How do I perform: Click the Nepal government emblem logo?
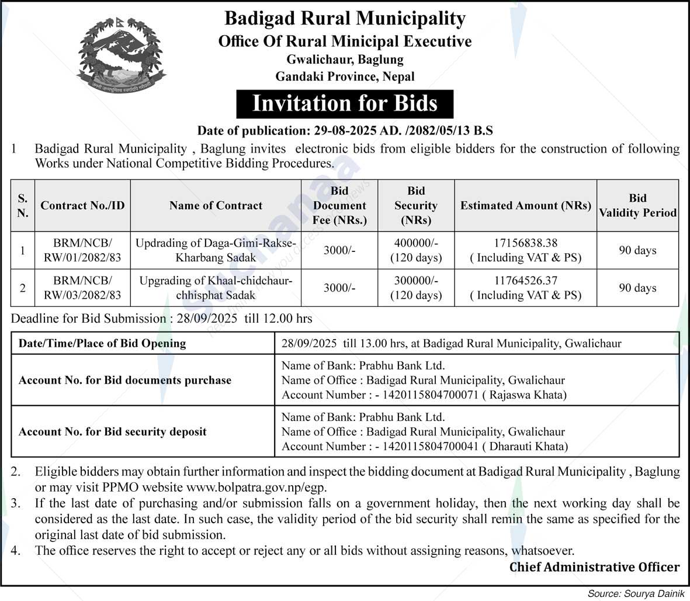122,56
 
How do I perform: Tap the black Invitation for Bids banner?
345,103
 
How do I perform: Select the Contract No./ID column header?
82,205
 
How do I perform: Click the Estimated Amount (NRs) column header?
525,205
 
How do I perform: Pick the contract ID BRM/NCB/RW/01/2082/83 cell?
82,250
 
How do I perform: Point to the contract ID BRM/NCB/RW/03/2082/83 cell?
82,288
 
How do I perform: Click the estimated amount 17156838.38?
526,243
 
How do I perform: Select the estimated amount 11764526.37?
526,281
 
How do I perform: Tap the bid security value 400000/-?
416,243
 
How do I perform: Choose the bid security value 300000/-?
416,281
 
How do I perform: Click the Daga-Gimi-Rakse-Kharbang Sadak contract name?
216,250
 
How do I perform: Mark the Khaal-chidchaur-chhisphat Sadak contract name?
216,288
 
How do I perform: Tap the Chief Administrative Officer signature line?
594,567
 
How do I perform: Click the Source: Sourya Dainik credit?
634,593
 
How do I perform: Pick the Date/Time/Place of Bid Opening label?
102,344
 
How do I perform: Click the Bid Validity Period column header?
637,205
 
